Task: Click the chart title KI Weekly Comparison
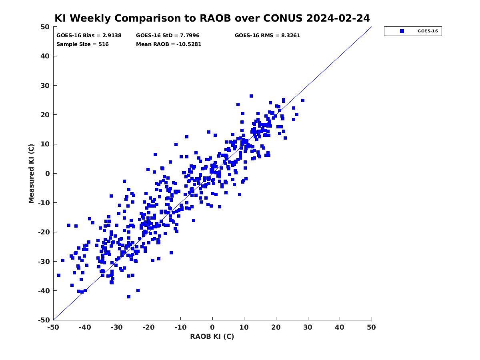point(212,18)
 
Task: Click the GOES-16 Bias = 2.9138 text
point(89,36)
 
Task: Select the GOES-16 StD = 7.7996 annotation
point(168,36)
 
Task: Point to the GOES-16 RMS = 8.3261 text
point(268,36)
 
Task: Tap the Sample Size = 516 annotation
point(82,44)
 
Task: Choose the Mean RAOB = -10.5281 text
point(169,44)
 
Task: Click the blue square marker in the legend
point(402,31)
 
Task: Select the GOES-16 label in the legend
point(428,31)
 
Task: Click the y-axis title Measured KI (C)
point(31,174)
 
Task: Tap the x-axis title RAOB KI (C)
point(212,336)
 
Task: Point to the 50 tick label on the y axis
point(45,27)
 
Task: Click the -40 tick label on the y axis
point(44,291)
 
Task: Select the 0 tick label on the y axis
point(48,174)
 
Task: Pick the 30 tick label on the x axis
point(308,327)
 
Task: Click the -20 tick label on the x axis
point(149,327)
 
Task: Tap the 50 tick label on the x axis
point(371,327)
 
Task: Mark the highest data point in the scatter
point(251,96)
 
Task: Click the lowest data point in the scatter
point(129,297)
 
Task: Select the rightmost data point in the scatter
point(303,100)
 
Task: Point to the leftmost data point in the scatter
point(59,275)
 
